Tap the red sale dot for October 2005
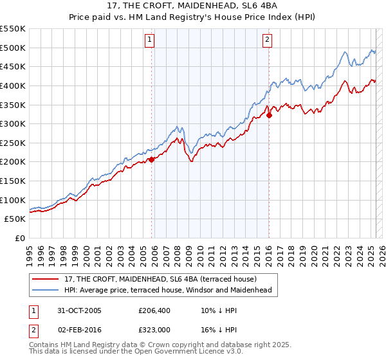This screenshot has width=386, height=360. click(x=152, y=159)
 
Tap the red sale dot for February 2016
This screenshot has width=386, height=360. click(x=269, y=115)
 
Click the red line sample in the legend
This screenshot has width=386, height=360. click(x=46, y=279)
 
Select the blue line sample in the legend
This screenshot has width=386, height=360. click(x=46, y=290)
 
